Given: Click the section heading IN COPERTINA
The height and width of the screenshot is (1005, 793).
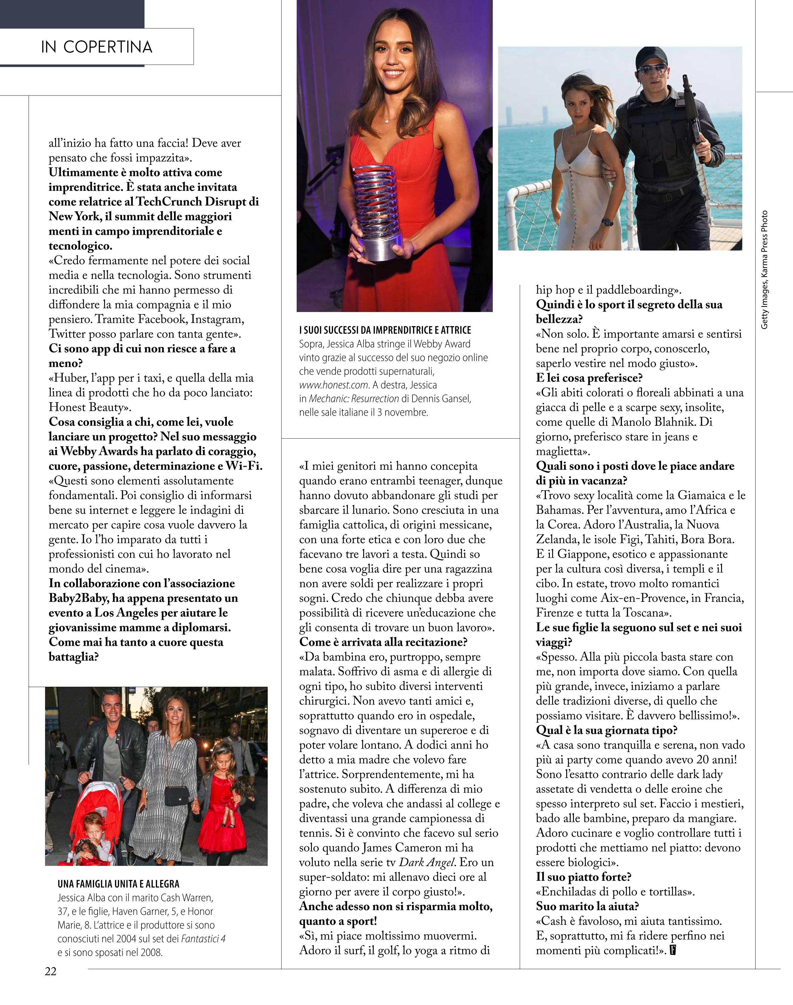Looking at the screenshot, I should [x=97, y=47].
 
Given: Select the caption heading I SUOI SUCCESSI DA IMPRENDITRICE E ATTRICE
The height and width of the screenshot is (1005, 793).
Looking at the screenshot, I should [x=385, y=330].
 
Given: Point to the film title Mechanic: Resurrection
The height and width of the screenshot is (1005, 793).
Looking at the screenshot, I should [x=354, y=399].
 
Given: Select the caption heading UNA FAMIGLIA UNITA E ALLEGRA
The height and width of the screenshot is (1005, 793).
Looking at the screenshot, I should [x=118, y=884].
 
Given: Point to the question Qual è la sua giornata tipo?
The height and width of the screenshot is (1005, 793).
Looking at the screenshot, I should [x=606, y=730].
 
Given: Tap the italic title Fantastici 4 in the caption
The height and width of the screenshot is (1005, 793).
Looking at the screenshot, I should [x=203, y=939].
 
